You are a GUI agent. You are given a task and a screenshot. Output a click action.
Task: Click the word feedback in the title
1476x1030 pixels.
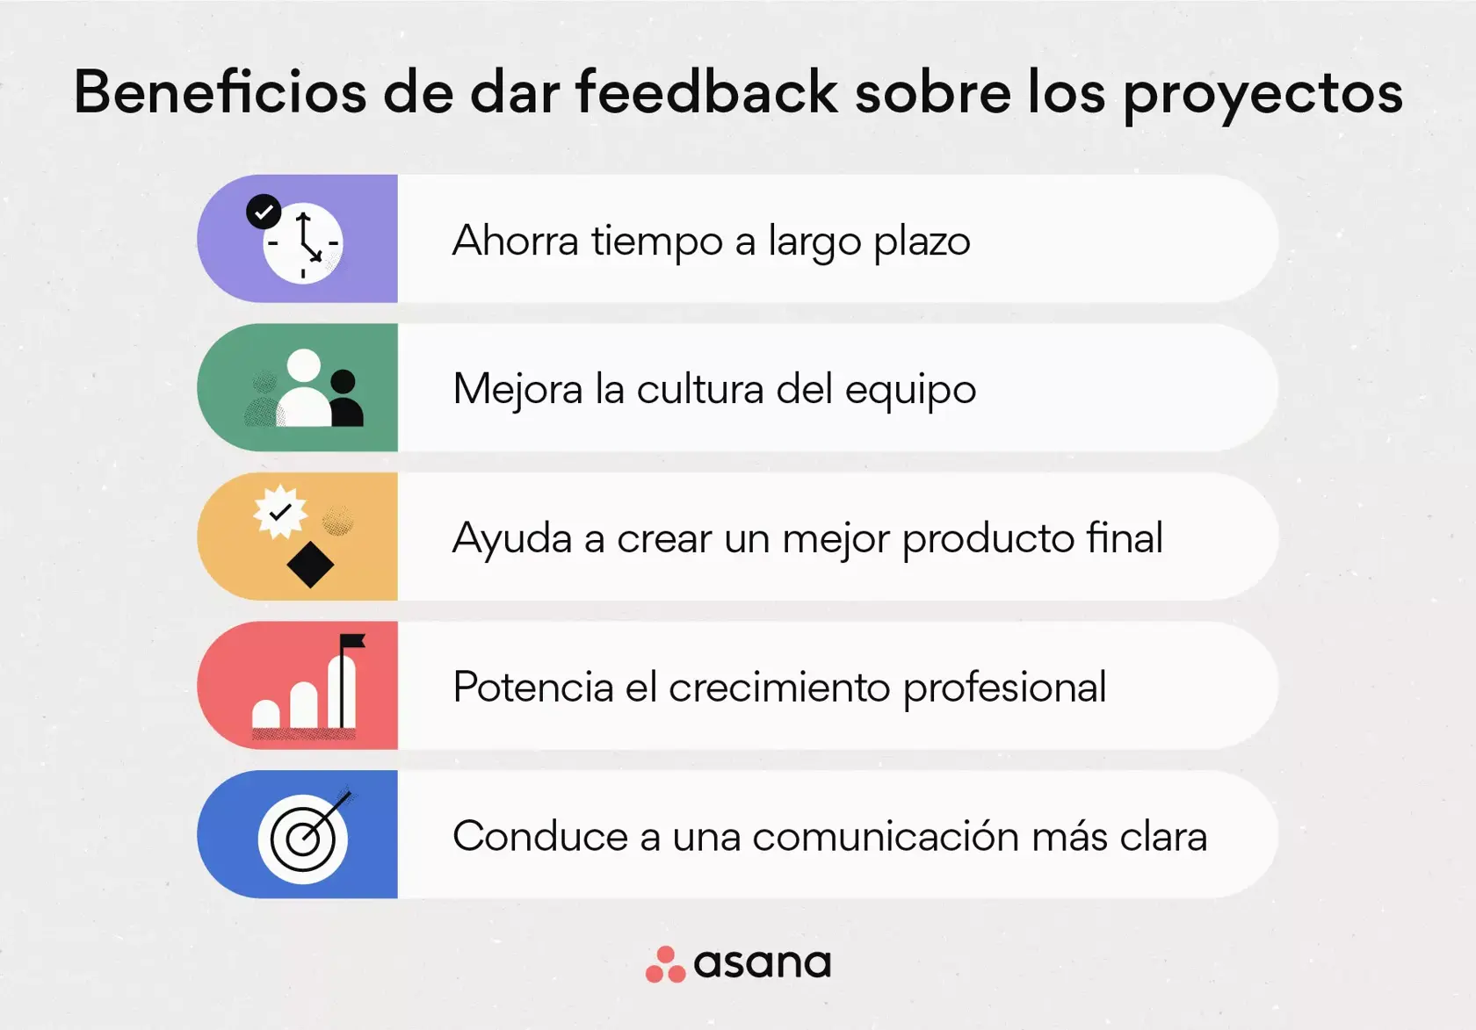[x=706, y=92]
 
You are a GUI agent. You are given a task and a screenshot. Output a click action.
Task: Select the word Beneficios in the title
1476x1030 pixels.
[x=220, y=92]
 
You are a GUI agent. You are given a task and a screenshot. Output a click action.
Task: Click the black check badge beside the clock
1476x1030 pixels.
[x=264, y=212]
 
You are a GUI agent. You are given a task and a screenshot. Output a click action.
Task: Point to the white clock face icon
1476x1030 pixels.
[x=303, y=244]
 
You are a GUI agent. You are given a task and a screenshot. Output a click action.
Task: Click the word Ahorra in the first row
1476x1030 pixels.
[x=515, y=241]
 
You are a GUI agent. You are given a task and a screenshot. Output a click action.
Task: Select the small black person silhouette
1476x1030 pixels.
[x=345, y=400]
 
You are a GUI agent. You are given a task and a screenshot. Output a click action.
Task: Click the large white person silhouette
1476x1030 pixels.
[x=304, y=391]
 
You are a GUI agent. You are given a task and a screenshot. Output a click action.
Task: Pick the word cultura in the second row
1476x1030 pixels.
[x=699, y=389]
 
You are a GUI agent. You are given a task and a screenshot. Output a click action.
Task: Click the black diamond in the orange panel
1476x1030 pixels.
[x=310, y=565]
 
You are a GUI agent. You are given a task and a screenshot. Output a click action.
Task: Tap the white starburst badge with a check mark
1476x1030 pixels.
[x=280, y=511]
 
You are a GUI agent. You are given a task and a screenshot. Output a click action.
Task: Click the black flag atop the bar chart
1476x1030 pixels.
[x=353, y=642]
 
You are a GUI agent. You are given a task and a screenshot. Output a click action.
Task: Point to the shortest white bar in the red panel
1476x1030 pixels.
[x=266, y=714]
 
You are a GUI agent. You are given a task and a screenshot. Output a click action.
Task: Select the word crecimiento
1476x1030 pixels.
[x=778, y=687]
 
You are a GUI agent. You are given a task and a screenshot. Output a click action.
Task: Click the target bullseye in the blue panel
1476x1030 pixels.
[x=302, y=839]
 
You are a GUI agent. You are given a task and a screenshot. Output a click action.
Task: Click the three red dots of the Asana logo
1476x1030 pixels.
[x=665, y=964]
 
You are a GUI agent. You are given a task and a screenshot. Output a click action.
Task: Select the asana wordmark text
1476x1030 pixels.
[x=762, y=964]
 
